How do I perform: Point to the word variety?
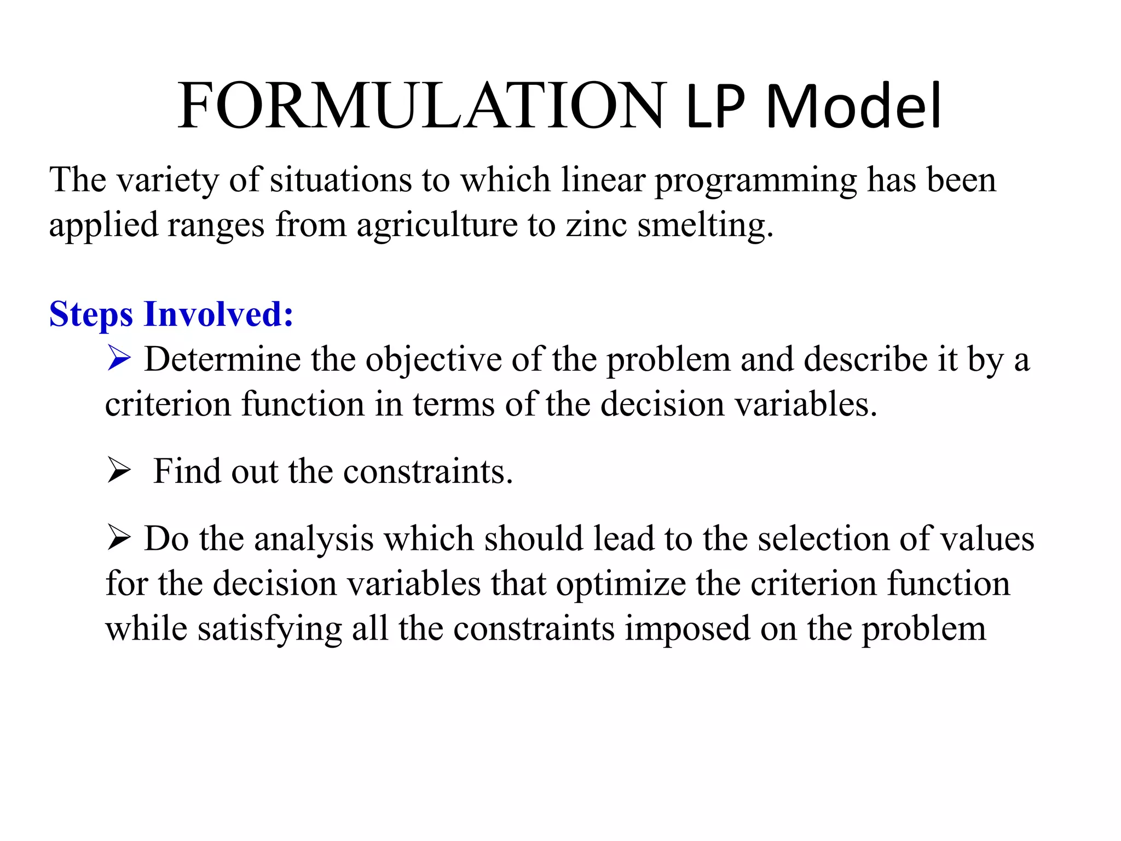point(167,181)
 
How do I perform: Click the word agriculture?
point(437,225)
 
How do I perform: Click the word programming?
point(756,181)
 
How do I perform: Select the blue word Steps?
point(91,315)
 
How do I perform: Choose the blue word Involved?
point(218,315)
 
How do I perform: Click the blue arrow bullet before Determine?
point(119,359)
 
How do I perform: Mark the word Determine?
point(222,360)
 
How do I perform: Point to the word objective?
point(434,361)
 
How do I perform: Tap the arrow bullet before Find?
point(119,471)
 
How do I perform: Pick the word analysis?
point(314,539)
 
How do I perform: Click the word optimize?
point(621,584)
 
